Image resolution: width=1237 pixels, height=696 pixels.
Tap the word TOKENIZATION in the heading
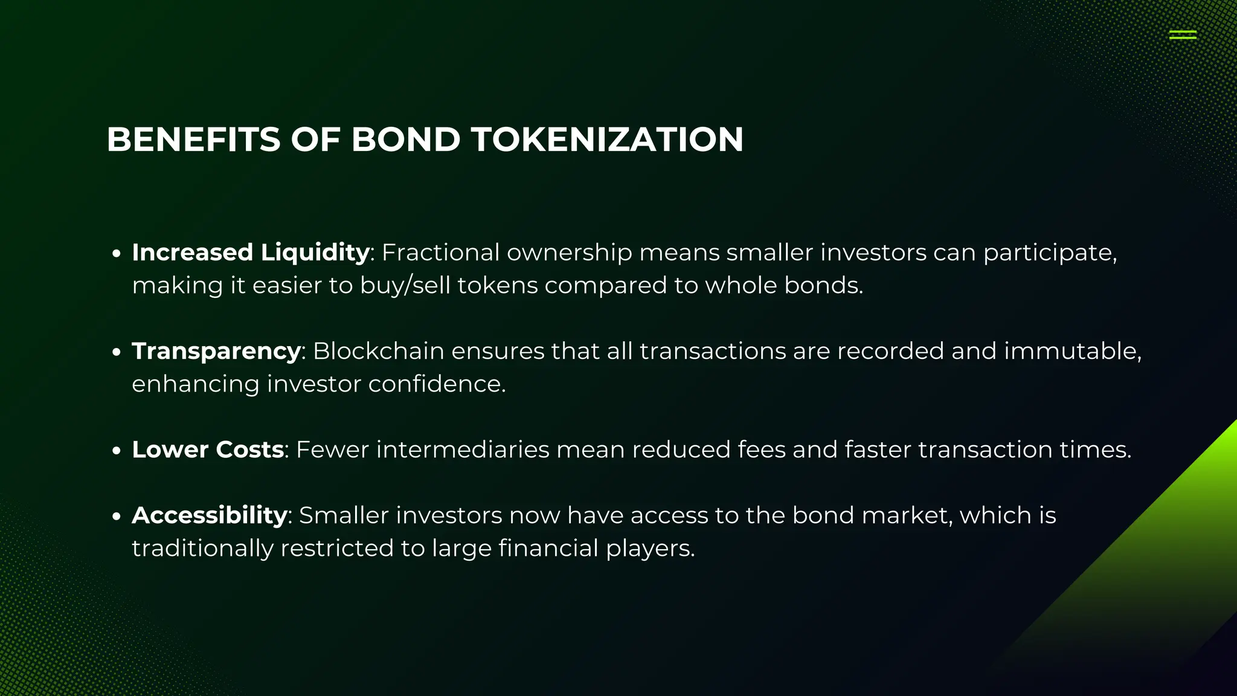pyautogui.click(x=607, y=140)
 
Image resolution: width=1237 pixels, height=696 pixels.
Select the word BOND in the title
pyautogui.click(x=405, y=140)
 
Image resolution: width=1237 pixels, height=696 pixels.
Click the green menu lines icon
pyautogui.click(x=1183, y=35)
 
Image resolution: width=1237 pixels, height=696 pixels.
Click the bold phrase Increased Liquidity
pyautogui.click(x=251, y=253)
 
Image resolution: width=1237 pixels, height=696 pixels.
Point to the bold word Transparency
pyautogui.click(x=216, y=351)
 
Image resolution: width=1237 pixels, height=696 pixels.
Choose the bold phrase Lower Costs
pyautogui.click(x=208, y=449)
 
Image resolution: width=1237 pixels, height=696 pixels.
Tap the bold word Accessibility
pyautogui.click(x=209, y=515)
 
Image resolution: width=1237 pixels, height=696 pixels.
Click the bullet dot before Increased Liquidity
pyautogui.click(x=117, y=254)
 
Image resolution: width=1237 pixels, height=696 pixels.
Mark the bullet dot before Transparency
pyautogui.click(x=117, y=352)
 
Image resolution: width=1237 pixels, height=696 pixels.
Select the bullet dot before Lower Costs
pyautogui.click(x=117, y=451)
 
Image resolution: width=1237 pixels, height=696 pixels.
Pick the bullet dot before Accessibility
pyautogui.click(x=117, y=517)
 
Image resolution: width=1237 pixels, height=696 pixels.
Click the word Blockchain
pyautogui.click(x=378, y=351)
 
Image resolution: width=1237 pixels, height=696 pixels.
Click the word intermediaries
pyautogui.click(x=463, y=449)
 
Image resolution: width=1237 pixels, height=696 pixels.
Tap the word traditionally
pyautogui.click(x=202, y=549)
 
